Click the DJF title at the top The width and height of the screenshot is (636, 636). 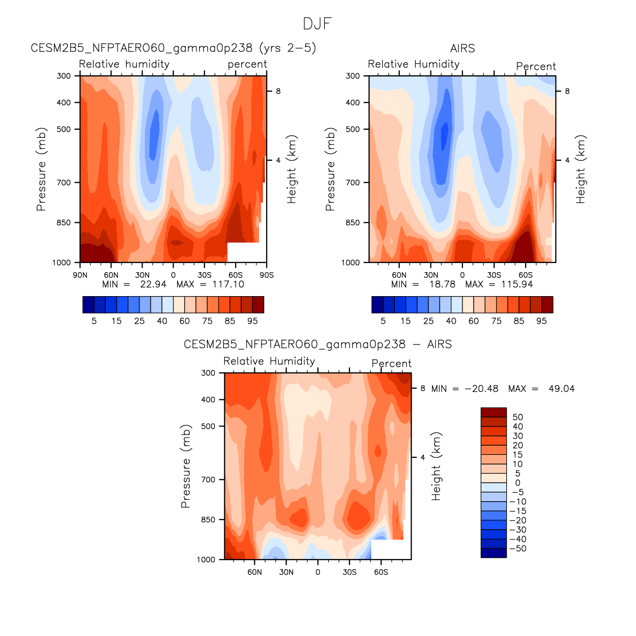pos(317,24)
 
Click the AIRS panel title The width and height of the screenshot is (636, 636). pos(462,48)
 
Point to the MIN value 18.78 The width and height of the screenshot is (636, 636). pos(442,284)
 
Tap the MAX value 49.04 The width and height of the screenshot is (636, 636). pos(561,389)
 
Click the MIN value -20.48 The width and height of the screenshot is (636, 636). pos(481,389)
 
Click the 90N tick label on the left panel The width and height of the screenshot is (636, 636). pos(80,275)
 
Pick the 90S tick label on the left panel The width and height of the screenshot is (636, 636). pos(267,275)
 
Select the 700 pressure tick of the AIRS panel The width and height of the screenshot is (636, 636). pos(353,182)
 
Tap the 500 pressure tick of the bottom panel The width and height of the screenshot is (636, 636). pos(209,426)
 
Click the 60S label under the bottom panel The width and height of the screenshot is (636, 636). pos(381,572)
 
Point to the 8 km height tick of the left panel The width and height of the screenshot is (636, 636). pos(278,92)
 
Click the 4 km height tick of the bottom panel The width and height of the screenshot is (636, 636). pos(423,457)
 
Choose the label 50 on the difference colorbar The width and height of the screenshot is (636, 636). pos(517,417)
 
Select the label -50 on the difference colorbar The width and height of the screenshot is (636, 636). pos(517,548)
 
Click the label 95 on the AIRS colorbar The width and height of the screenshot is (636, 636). pos(541,321)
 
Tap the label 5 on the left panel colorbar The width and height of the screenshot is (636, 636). pos(94,321)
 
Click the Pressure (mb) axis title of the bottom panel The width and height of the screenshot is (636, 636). pos(186,466)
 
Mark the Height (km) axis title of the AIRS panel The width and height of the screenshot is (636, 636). pos(581,169)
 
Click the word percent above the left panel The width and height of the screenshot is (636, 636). pos(247,65)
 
